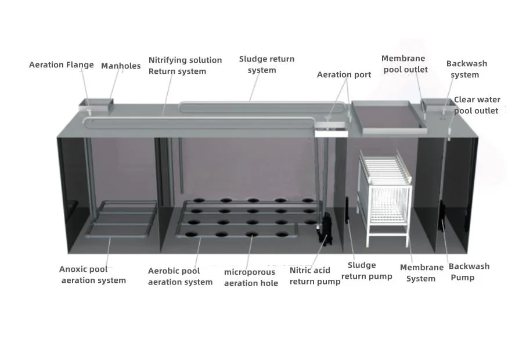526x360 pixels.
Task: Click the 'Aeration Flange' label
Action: [61, 65]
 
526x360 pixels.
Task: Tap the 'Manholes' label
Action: [121, 66]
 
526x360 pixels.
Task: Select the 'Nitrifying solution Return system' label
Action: [185, 66]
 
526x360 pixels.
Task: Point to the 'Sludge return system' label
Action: [266, 64]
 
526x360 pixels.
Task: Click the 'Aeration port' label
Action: [344, 75]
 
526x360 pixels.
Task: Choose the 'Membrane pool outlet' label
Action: [404, 64]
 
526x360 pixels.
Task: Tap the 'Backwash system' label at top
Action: [466, 69]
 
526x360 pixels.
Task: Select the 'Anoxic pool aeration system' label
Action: [92, 275]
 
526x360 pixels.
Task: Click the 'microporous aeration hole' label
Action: [250, 278]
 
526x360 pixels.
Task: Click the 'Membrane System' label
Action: [421, 273]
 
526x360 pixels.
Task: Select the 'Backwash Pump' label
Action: [468, 272]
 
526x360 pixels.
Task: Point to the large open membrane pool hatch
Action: [387, 116]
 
